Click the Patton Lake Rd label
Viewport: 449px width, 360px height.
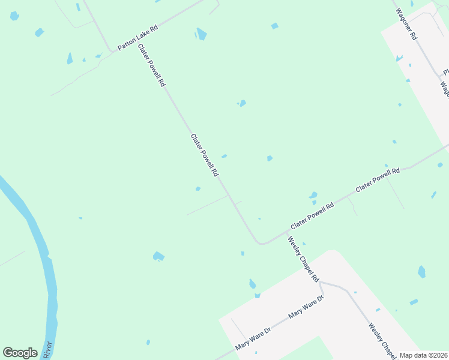(x=137, y=37)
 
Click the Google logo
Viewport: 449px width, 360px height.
(x=20, y=353)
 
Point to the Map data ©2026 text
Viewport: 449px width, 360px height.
(x=423, y=355)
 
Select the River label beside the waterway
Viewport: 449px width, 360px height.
(x=48, y=351)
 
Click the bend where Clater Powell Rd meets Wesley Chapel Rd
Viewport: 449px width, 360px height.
(x=261, y=243)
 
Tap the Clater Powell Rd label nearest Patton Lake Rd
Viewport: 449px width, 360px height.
(x=151, y=66)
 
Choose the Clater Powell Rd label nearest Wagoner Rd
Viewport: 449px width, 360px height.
(x=378, y=179)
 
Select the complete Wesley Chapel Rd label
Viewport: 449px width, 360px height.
(x=303, y=259)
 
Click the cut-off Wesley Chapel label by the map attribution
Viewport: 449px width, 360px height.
(x=382, y=340)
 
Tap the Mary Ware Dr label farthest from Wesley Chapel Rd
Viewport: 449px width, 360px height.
(x=254, y=338)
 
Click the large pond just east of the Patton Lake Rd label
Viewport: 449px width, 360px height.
(x=202, y=34)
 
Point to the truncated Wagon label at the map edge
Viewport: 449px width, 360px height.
(x=445, y=90)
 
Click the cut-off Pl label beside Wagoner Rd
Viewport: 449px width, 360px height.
(x=446, y=71)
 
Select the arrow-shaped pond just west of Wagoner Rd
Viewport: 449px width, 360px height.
(x=399, y=58)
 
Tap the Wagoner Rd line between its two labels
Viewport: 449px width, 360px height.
(x=427, y=59)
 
